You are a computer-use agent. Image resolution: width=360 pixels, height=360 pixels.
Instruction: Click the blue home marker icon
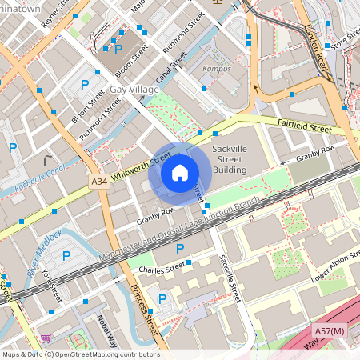point(180,172)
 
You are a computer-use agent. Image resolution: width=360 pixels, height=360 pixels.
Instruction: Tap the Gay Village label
point(134,90)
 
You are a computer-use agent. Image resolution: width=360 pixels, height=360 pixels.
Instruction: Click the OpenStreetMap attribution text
point(80,354)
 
